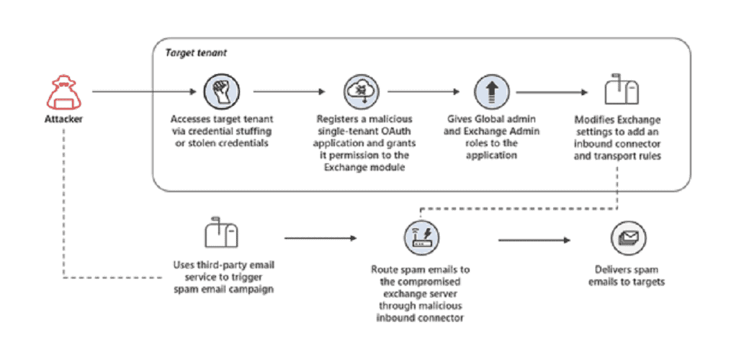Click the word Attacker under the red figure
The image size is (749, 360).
[x=63, y=119]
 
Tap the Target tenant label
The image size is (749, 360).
[x=196, y=53]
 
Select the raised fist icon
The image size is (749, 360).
[x=222, y=91]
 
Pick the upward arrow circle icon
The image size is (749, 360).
[x=491, y=91]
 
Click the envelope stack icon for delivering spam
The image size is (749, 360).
[x=628, y=238]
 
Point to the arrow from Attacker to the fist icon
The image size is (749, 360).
[x=144, y=91]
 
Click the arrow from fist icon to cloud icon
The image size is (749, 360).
[x=289, y=91]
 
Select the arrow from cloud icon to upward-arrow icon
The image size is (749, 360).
[x=423, y=91]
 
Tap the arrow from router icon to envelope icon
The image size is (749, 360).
[x=534, y=240]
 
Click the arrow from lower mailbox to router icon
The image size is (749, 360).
[x=320, y=238]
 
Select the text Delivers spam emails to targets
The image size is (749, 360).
[x=627, y=276]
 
